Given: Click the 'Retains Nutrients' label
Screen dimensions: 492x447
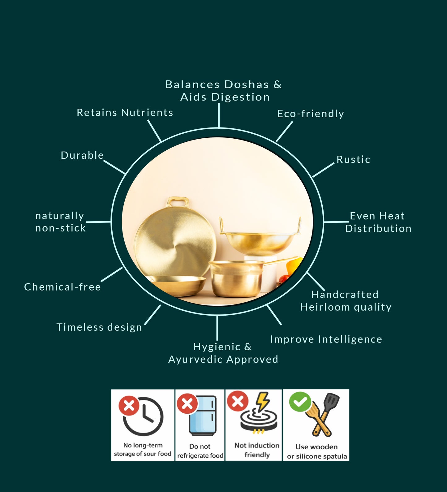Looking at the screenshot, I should point(125,113).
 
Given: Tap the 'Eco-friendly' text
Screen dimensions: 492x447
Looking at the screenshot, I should point(310,114).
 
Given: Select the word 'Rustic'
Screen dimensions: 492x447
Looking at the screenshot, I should point(353,160).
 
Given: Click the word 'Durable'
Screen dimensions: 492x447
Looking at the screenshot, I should point(82,155).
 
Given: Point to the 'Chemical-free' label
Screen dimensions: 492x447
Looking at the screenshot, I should point(62,287).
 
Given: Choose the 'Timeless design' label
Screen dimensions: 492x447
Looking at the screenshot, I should point(99,327).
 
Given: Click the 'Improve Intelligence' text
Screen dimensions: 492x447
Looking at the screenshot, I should point(326,339).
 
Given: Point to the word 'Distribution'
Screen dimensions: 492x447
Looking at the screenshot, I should point(378,229).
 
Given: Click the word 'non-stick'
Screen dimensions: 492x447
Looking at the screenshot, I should point(60,228).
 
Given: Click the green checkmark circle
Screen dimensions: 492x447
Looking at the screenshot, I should point(300,402).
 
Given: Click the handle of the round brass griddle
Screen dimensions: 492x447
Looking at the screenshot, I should point(178,202).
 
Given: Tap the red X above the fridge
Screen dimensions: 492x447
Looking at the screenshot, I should point(187,404).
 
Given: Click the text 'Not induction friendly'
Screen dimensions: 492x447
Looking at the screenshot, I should point(257,450).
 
